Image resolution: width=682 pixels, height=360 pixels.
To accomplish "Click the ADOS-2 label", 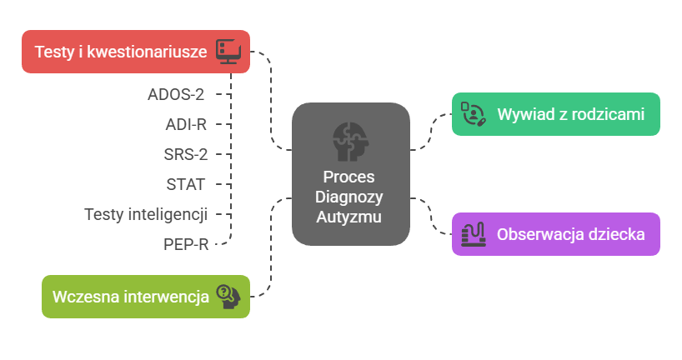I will pos(176,93).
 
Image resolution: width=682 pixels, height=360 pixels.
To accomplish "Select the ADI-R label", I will pos(186,124).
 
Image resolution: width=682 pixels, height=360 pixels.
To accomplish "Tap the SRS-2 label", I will pos(185,154).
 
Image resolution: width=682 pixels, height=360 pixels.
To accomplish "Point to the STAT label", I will pos(186,184).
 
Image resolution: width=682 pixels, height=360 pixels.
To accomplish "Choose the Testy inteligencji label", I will pos(146,214).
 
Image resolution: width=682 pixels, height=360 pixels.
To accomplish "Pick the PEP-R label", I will pos(185,244).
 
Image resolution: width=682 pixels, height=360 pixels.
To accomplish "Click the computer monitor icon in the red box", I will pos(228,51).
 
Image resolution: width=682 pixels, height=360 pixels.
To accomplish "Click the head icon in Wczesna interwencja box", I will pos(228,297).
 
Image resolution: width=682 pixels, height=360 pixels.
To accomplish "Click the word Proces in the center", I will pos(349,177).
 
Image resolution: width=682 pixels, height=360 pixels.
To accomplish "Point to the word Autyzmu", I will pos(349,217).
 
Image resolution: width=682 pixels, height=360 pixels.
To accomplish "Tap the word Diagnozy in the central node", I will pos(349,197).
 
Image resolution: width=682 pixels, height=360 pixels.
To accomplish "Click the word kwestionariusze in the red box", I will pos(148,52).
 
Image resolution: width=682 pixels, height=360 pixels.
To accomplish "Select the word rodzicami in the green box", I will pos(611,114).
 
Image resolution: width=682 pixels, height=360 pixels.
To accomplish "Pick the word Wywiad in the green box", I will pos(524,114).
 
